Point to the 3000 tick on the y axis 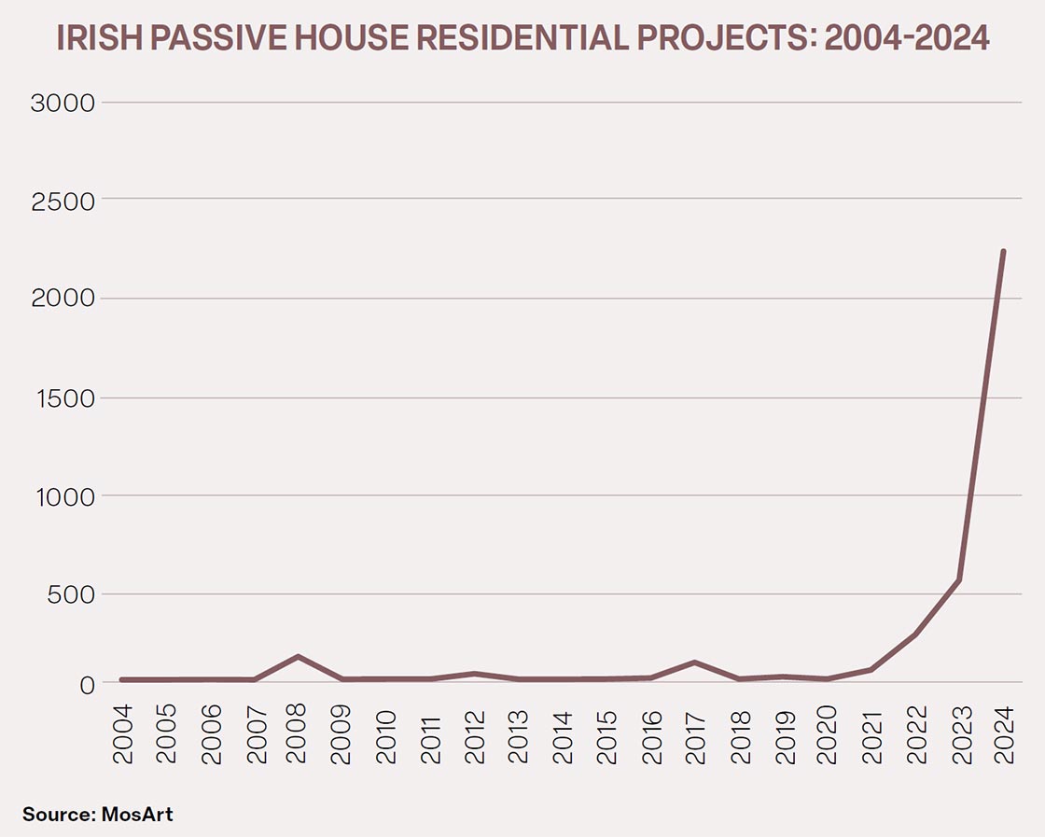pos(63,103)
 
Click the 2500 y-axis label pos(63,201)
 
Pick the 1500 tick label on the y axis pos(63,398)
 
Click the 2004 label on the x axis pos(122,737)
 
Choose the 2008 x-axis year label pos(298,737)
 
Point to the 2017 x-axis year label pos(694,737)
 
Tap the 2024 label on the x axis pos(1003,737)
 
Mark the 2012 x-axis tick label pos(474,737)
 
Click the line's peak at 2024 pos(1003,251)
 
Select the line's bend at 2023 pos(958,580)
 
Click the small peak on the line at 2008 pos(298,656)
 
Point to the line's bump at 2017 pos(694,663)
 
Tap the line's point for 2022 pos(915,635)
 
